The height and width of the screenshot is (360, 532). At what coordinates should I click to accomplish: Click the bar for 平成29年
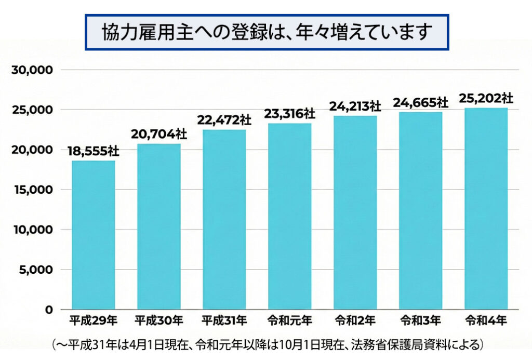coord(94,235)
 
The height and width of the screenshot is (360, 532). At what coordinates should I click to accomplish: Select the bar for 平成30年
coord(159,226)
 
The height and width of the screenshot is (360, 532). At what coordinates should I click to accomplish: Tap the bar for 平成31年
coord(224,219)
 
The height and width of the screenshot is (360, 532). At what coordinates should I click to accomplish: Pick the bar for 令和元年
coord(289,216)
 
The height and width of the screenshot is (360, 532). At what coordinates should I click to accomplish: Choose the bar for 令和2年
coord(355,212)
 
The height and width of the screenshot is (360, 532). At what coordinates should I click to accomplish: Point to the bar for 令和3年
coord(420,210)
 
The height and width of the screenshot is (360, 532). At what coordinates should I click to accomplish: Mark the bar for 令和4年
coord(486,208)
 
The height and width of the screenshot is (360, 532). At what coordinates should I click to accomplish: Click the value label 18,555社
coord(94,151)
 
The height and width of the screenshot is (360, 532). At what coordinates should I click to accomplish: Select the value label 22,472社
coord(224,120)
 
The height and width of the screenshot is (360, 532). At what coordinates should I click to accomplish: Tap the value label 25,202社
coord(486,98)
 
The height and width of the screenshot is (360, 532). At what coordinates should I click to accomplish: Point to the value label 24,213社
coord(355,106)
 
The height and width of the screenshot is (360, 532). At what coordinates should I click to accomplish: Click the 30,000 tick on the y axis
coord(32,70)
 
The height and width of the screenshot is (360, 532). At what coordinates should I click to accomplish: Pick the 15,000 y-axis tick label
coord(32,190)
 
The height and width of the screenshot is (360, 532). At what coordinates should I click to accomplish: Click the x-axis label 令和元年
coord(289,320)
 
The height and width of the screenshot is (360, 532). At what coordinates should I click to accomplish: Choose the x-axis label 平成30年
coord(159,320)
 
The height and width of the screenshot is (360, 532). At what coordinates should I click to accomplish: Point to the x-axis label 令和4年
coord(486,320)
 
